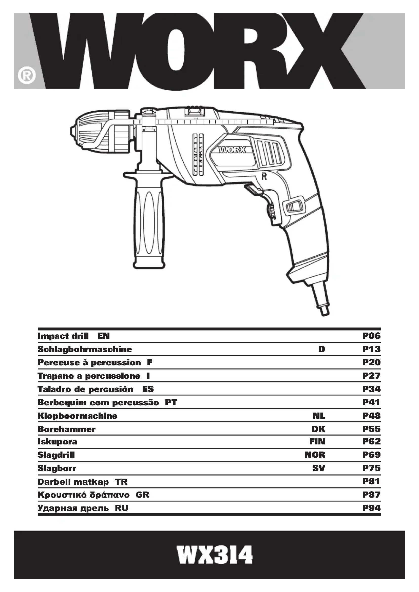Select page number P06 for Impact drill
[x=371, y=336]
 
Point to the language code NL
[x=319, y=416]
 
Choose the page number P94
[x=371, y=508]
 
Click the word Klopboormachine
[x=78, y=416]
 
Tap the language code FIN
[x=317, y=441]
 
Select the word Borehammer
[x=67, y=429]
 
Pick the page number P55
[x=371, y=429]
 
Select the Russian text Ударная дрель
[x=73, y=508]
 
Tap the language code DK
[x=318, y=429]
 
